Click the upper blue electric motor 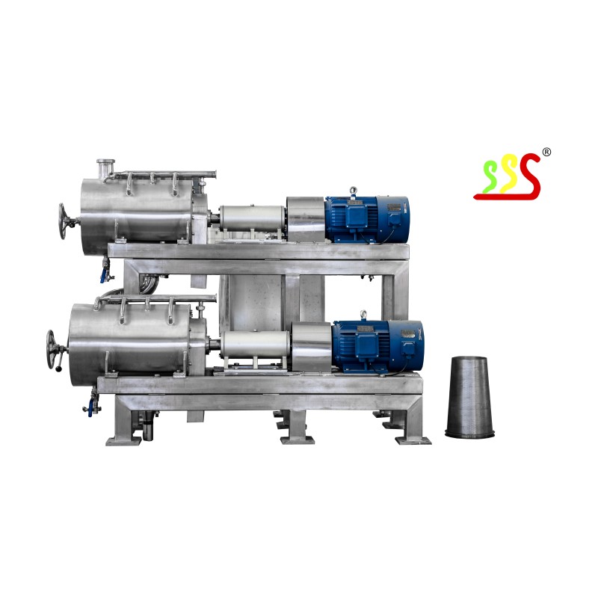[x=367, y=220]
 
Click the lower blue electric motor [x=377, y=345]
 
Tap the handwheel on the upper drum [x=64, y=221]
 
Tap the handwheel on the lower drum [x=52, y=349]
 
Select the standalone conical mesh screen [x=469, y=397]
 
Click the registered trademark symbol [x=546, y=152]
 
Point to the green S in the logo [x=490, y=177]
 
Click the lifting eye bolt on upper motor [x=354, y=191]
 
